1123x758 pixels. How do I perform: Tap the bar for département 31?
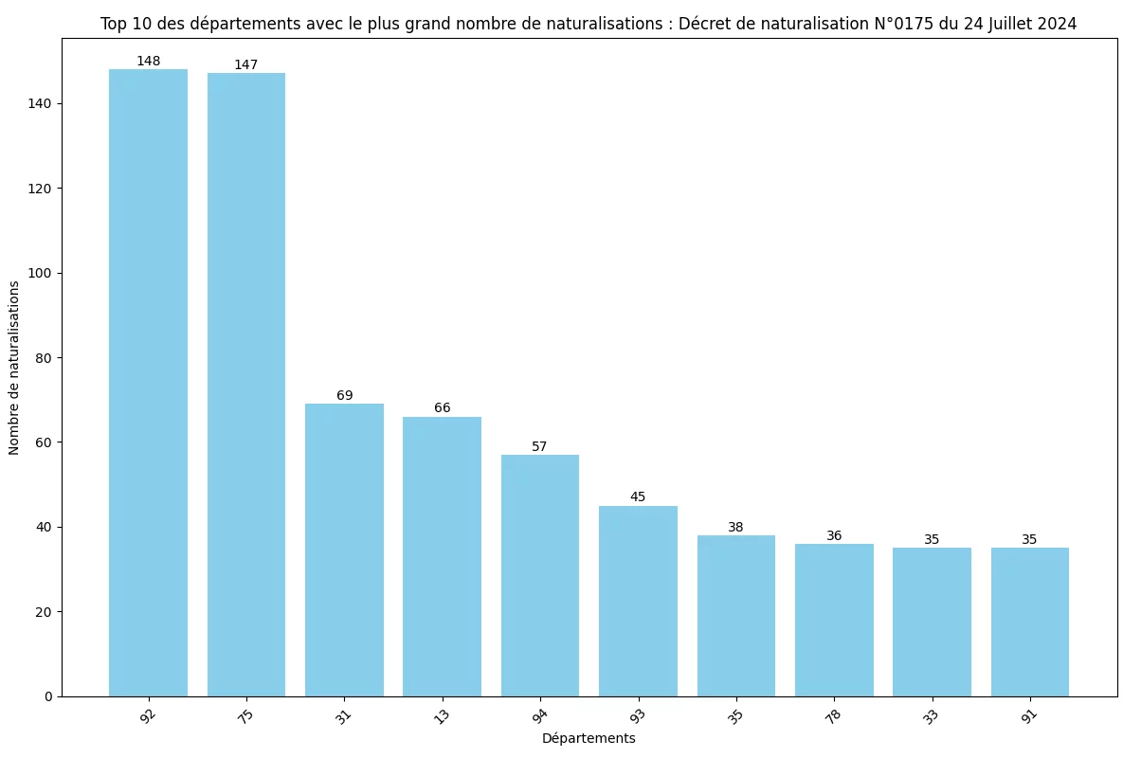[x=344, y=550]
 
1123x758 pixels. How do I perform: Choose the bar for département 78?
[x=834, y=620]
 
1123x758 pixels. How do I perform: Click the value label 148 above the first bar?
[x=148, y=62]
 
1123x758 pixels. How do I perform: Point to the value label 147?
[x=246, y=65]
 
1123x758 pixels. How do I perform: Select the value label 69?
[x=344, y=396]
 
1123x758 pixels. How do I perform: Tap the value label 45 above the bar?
[x=638, y=497]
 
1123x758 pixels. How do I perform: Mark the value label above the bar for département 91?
[x=1029, y=540]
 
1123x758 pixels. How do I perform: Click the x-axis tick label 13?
[x=442, y=717]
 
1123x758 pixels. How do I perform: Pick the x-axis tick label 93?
[x=638, y=717]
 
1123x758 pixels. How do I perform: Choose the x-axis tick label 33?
[x=932, y=717]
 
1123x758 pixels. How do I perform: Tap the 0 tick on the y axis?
[x=49, y=696]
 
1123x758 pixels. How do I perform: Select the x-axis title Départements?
[x=589, y=738]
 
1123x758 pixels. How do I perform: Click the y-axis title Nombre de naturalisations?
[x=14, y=367]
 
